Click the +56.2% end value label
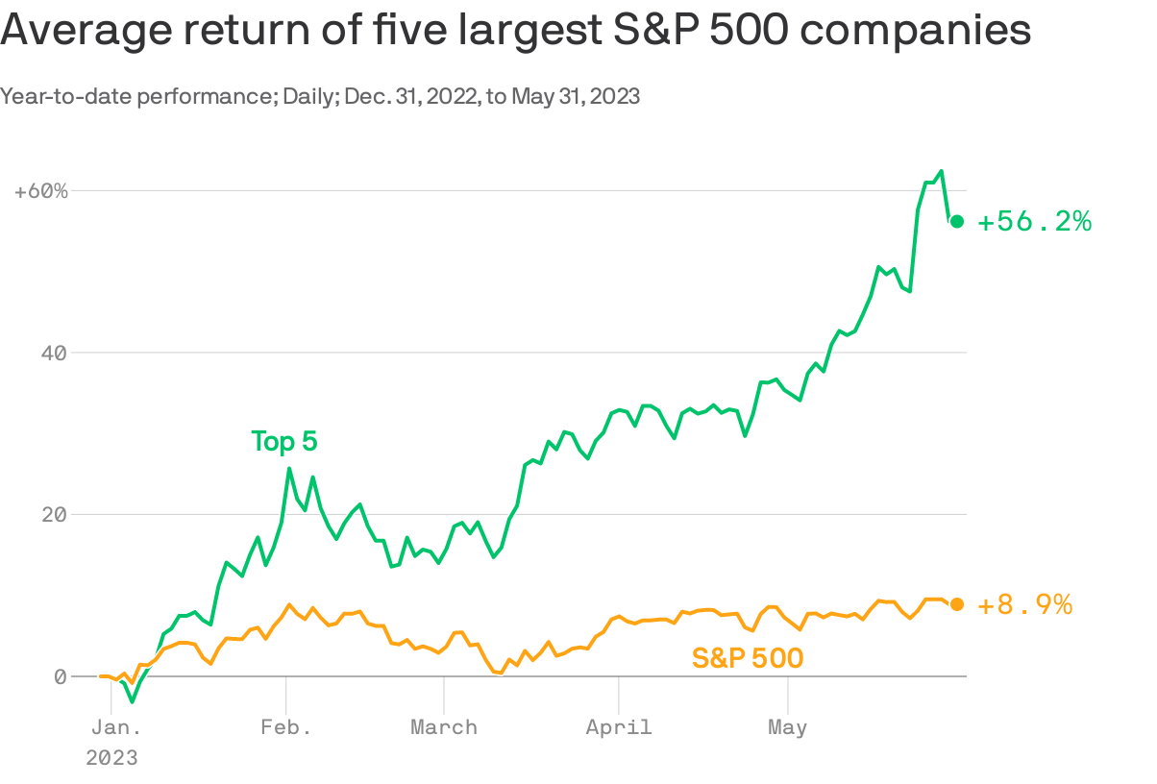1034,222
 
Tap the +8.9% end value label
1024,604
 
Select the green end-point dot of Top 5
956,222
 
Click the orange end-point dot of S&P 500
956,604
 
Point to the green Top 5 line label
283,442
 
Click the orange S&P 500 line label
748,658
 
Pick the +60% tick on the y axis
41,191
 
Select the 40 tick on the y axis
58,353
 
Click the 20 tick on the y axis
58,514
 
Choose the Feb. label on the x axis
285,727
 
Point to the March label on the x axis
444,727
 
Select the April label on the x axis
619,727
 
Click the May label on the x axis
787,727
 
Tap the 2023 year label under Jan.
111,758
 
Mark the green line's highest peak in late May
941,171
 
